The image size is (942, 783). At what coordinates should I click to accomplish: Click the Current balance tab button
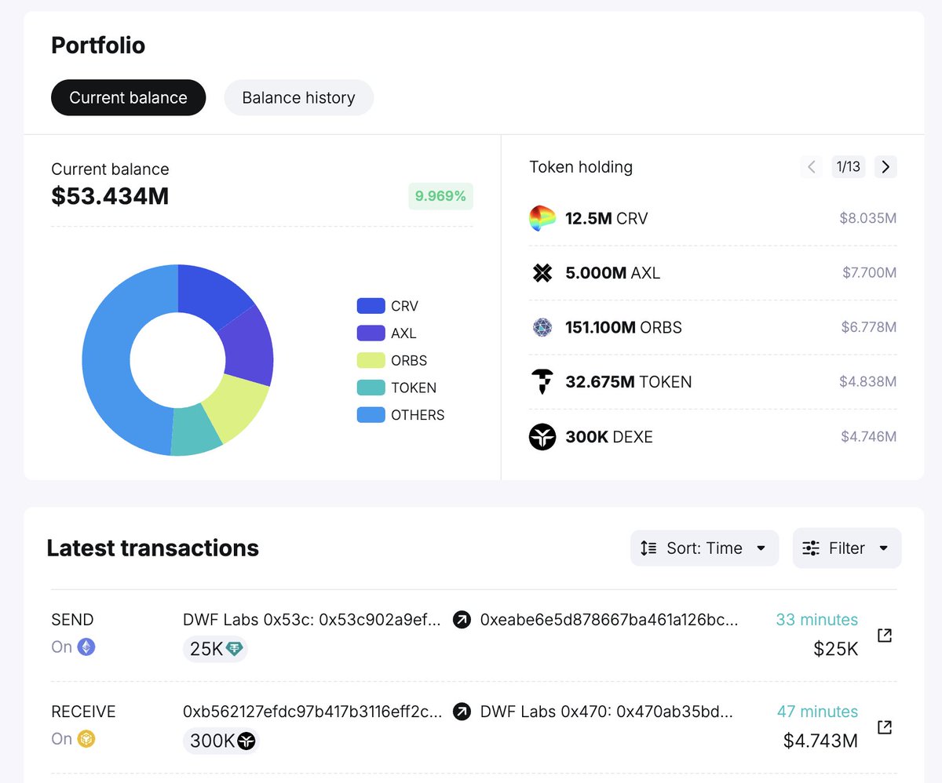(128, 98)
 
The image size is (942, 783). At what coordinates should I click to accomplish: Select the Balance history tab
(298, 98)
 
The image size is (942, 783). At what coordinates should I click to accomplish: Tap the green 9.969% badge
(440, 196)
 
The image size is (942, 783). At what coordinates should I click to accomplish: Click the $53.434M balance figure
(110, 196)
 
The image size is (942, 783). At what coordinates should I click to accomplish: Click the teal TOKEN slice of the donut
(196, 431)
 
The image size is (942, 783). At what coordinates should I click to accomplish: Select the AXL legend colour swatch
(371, 333)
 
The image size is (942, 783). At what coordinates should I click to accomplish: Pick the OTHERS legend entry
(401, 415)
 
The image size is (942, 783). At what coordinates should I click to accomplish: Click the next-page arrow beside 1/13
(885, 166)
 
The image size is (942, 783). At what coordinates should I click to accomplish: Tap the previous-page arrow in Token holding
(812, 166)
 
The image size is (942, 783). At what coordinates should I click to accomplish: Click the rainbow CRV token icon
(542, 218)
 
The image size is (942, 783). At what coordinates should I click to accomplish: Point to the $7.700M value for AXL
(869, 273)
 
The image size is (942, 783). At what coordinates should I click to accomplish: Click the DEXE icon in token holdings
(542, 436)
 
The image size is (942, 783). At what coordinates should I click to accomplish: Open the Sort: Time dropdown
(704, 548)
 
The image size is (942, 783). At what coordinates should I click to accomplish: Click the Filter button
(846, 548)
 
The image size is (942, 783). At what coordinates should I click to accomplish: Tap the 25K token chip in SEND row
(215, 649)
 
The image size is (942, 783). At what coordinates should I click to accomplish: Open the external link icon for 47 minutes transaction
(885, 727)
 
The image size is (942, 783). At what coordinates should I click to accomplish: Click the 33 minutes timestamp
(816, 620)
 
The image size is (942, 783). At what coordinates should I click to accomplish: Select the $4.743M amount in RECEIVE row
(820, 741)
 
